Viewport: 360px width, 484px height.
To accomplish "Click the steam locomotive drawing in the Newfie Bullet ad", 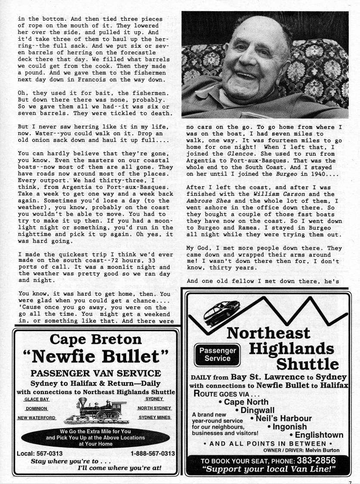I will click(96, 409).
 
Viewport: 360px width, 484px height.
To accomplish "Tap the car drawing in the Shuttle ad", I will click(221, 309).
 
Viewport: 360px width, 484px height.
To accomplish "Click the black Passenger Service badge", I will click(217, 354).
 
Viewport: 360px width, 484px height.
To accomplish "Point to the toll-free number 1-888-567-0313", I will click(152, 453).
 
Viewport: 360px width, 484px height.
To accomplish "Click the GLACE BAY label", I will click(37, 399).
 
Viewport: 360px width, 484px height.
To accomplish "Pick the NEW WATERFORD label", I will click(36, 418).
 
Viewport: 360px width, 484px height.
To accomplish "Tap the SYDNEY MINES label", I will click(155, 417).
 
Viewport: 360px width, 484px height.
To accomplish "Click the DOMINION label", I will click(37, 409).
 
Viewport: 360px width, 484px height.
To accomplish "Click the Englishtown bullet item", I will click(319, 435).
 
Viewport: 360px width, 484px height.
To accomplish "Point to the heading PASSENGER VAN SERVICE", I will click(96, 373).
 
